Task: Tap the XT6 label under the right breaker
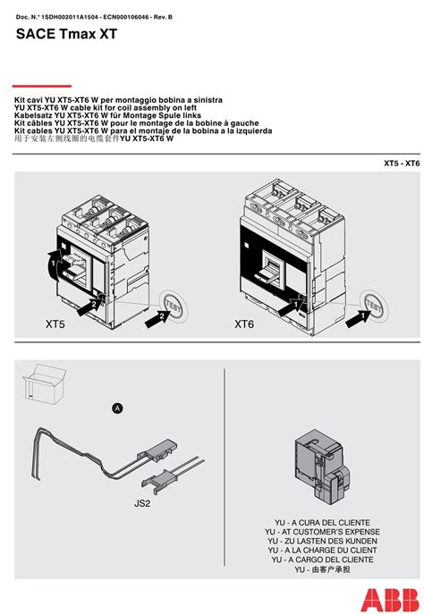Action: (244, 325)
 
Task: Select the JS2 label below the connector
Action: (142, 503)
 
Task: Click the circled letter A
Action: (116, 408)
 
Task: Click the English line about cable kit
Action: (106, 108)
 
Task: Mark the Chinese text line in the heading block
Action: (94, 139)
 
